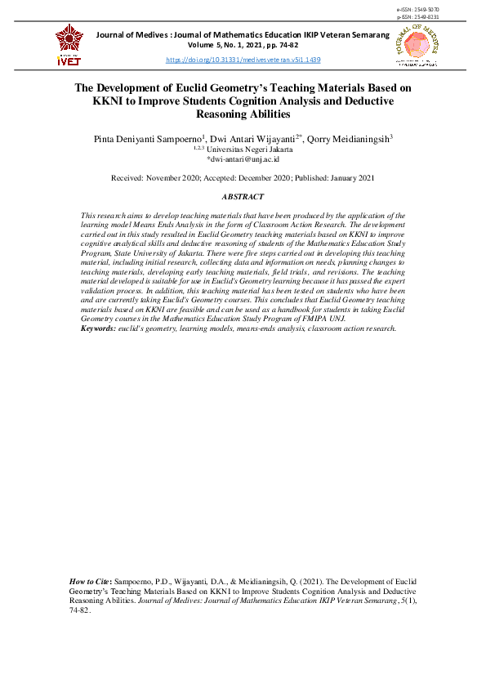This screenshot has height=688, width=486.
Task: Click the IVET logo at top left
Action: [x=69, y=45]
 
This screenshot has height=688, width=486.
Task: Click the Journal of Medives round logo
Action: [x=416, y=45]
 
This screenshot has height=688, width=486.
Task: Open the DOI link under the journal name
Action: [x=243, y=60]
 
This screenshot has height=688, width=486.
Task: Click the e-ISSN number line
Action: [x=417, y=9]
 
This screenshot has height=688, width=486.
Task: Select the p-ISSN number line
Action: [x=417, y=16]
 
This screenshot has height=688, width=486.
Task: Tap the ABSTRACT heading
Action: [x=243, y=197]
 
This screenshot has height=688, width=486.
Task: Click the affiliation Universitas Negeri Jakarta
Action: [x=247, y=150]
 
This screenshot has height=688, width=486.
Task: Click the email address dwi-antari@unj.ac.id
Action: [x=243, y=160]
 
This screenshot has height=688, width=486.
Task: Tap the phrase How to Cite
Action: [x=91, y=580]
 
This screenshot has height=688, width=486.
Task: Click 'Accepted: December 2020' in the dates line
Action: [x=243, y=178]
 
